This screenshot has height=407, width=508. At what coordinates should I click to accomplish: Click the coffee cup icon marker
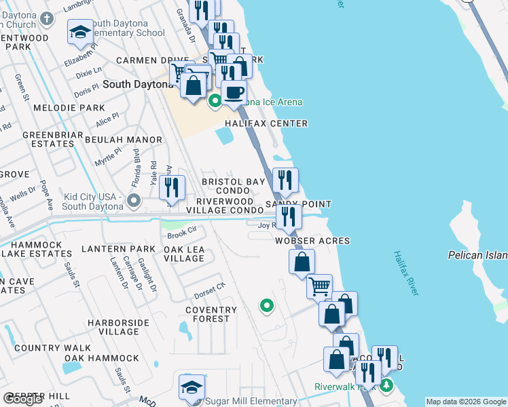click(234, 92)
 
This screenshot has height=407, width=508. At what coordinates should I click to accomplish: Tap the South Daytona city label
click(138, 84)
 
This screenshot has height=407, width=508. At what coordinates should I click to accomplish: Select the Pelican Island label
click(477, 255)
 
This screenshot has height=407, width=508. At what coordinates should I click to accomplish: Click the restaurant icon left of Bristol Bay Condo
click(173, 187)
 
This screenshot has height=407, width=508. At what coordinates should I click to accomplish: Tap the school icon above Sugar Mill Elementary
click(192, 387)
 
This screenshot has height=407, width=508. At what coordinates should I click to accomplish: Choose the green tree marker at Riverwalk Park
click(386, 386)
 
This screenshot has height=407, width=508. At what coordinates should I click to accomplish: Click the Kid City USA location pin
click(134, 200)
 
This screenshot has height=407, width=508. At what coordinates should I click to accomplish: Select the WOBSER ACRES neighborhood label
click(312, 241)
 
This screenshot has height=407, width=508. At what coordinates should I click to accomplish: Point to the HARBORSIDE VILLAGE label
click(109, 326)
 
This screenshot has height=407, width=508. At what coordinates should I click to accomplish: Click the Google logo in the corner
click(23, 399)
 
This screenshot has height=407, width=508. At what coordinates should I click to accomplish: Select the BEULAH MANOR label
click(124, 140)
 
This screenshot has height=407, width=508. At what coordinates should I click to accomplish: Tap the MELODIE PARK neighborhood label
click(69, 108)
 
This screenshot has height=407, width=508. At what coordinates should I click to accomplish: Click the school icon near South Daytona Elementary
click(80, 32)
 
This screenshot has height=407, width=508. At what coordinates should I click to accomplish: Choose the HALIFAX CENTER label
click(267, 123)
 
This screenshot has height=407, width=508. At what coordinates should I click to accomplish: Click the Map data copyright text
click(465, 402)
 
